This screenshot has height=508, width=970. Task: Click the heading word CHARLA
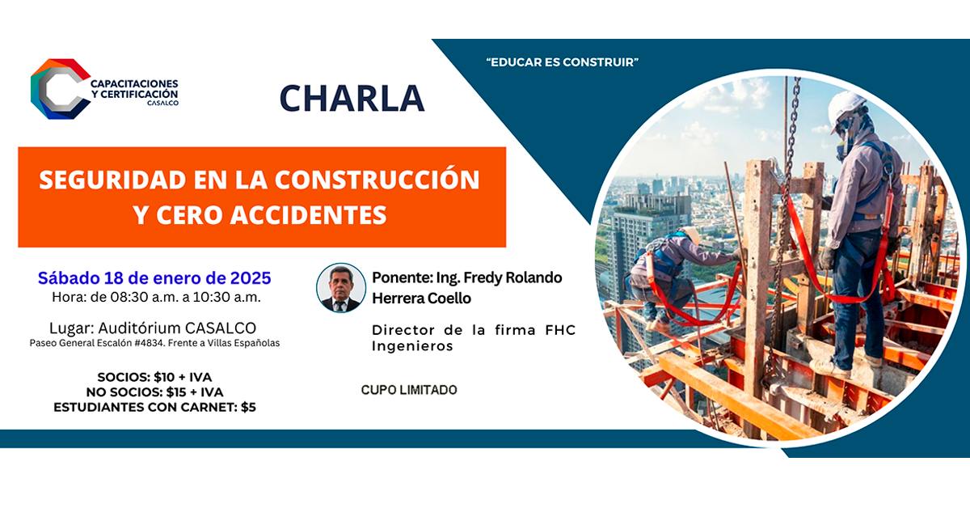352,98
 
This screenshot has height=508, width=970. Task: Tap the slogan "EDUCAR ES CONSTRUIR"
563,62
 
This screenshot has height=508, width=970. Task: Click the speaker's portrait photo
341,288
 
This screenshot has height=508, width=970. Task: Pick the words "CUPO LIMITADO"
408,390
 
